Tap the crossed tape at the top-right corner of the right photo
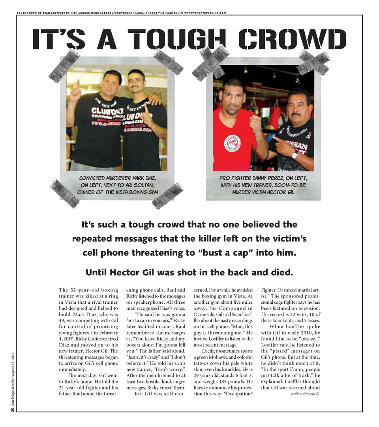(x=313, y=63)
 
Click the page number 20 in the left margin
(x=13, y=409)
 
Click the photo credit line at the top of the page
(x=121, y=13)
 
